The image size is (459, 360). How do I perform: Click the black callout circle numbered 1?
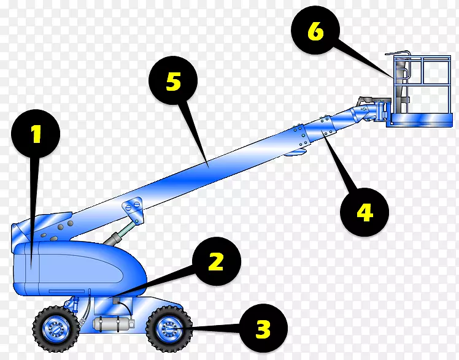36,134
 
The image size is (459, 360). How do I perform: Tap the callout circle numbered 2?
217,261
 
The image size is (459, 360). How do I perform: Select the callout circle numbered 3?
263,328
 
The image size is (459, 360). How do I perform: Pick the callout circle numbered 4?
364,212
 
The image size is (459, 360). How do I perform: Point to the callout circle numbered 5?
173,80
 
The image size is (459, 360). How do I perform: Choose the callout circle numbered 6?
315,30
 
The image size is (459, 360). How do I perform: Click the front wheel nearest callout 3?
169,329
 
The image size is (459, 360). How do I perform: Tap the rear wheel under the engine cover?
56,329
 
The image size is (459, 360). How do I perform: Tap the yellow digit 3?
263,329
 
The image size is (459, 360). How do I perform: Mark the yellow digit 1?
36,134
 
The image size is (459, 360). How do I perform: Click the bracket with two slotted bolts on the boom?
133,209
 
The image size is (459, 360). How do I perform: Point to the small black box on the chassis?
115,301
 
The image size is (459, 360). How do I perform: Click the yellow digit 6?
315,31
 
